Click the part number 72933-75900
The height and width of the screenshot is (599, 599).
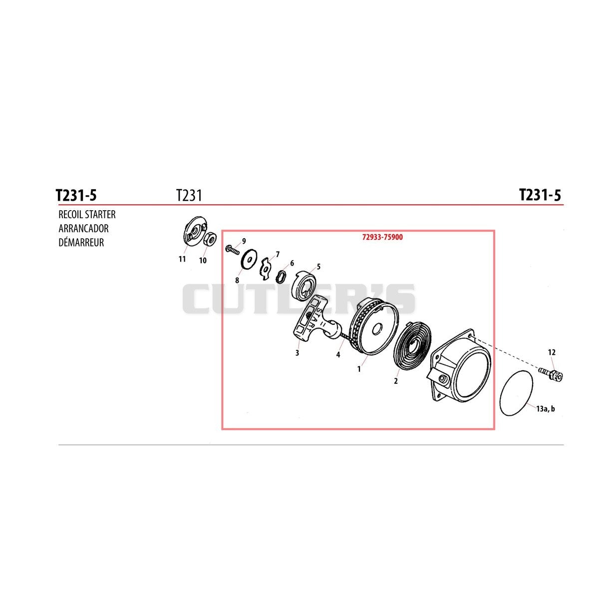coord(382,237)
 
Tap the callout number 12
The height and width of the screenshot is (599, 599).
coord(552,352)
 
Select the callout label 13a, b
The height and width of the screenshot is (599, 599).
coord(545,409)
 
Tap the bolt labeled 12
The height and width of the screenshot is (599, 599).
coord(551,374)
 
